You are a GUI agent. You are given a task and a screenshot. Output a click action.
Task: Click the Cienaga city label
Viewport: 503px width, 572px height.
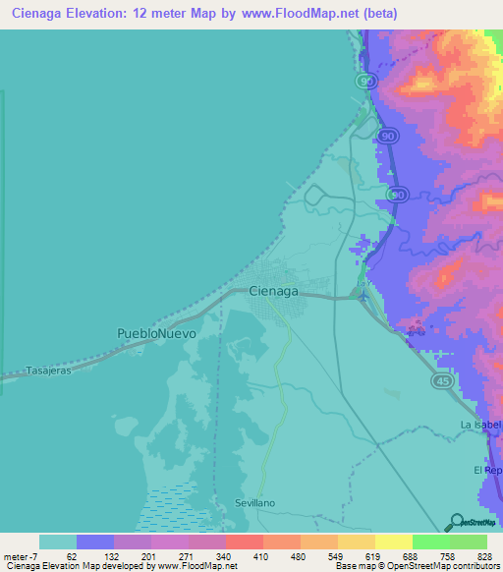pyautogui.click(x=273, y=291)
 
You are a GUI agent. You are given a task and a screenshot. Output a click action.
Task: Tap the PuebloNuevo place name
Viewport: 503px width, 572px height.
pyautogui.click(x=156, y=334)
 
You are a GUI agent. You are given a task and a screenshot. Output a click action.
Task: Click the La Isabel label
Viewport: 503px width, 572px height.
pyautogui.click(x=480, y=425)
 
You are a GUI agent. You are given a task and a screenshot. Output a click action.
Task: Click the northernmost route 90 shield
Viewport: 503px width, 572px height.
pyautogui.click(x=366, y=79)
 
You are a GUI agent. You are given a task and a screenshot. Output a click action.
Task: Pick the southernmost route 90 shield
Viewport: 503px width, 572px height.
pyautogui.click(x=397, y=196)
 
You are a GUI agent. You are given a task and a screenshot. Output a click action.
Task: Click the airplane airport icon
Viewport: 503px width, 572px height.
pyautogui.click(x=363, y=294)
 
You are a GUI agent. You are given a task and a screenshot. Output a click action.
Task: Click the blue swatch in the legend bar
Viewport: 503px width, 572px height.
pyautogui.click(x=95, y=542)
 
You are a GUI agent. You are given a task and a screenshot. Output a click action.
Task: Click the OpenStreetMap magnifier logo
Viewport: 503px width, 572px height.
pyautogui.click(x=456, y=522)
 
